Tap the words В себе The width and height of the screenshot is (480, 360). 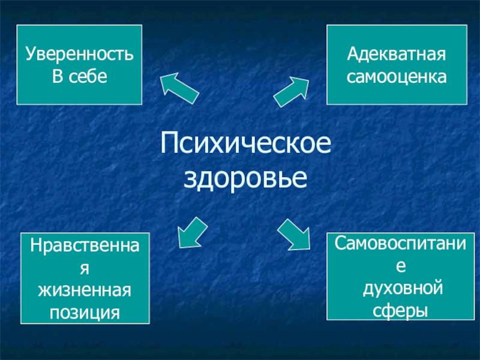(x=79, y=77)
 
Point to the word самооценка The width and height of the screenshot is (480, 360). (x=397, y=77)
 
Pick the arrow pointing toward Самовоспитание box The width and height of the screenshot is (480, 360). (x=294, y=234)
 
